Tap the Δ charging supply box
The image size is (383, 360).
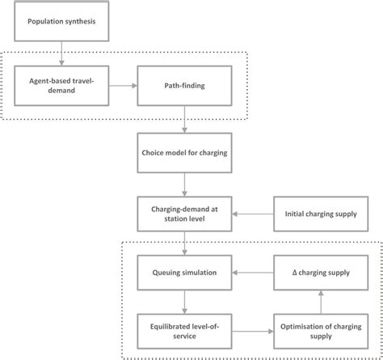(x=318, y=273)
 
